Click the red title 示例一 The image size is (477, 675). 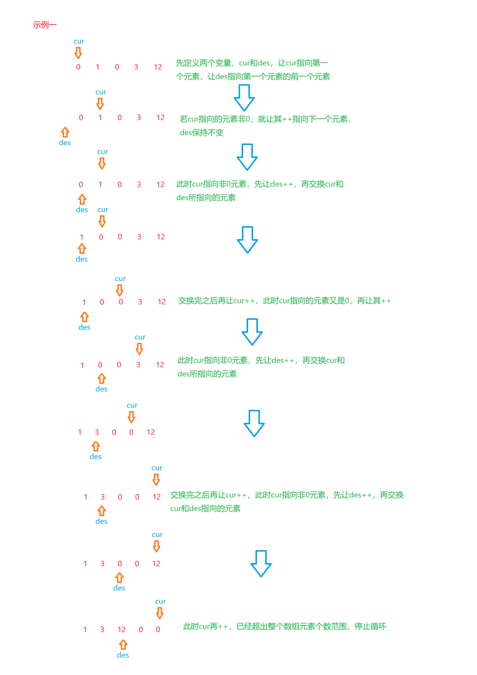[x=45, y=25]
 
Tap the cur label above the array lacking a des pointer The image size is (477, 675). [x=79, y=41]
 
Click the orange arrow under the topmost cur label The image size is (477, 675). [x=78, y=53]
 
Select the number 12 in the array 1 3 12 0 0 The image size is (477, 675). [x=122, y=630]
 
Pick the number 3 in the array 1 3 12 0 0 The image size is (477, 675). [x=102, y=630]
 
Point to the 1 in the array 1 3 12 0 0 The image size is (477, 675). [x=85, y=630]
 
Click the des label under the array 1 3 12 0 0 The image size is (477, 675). [x=123, y=655]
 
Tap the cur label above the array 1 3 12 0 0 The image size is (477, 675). [x=160, y=601]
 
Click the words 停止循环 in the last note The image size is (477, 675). [x=371, y=626]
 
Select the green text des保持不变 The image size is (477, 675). [x=202, y=133]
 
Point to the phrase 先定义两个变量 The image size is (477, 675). [x=204, y=63]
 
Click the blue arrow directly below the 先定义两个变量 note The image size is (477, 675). [x=244, y=97]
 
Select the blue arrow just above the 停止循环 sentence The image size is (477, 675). [x=261, y=563]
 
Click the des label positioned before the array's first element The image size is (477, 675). [x=65, y=143]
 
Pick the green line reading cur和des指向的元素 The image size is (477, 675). [x=205, y=508]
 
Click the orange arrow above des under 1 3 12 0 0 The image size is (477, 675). [x=123, y=645]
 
